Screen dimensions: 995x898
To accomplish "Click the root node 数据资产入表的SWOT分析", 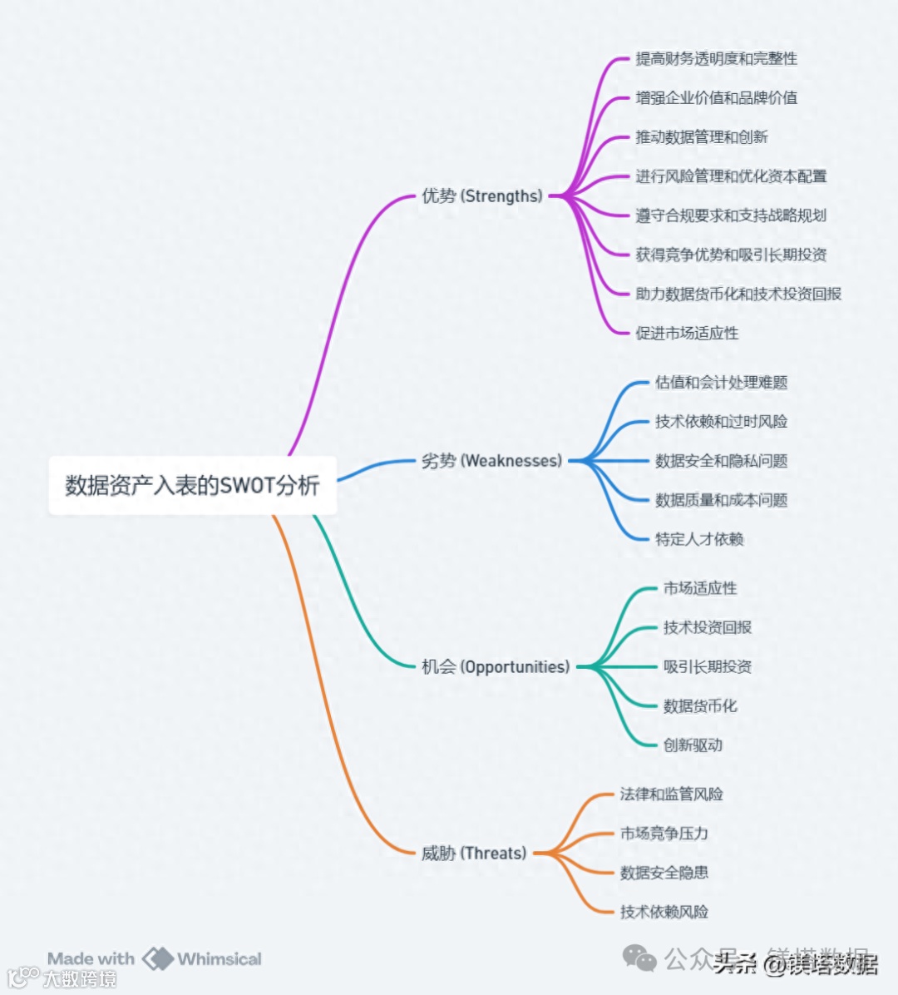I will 192,485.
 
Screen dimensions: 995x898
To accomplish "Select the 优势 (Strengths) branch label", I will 481,196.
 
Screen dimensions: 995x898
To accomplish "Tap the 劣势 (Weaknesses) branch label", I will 491,461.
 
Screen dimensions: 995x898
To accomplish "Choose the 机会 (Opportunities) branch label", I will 496,667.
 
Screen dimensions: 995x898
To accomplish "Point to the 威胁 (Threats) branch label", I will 474,854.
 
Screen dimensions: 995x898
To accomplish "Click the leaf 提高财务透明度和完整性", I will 716,59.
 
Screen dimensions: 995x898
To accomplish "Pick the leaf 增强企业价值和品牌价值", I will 716,98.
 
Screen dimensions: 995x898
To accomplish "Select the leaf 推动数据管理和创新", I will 701,137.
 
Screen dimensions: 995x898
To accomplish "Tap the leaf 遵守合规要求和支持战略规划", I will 731,215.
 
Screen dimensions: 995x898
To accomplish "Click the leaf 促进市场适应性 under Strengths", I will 687,334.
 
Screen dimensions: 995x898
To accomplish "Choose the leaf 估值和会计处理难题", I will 721,383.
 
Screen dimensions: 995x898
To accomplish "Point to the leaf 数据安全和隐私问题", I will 721,461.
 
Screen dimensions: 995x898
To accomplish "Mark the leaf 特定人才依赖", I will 699,539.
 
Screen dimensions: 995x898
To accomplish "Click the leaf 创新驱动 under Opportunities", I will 693,745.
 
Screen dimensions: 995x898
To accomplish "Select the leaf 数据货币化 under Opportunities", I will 700,706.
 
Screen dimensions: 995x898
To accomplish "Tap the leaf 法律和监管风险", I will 671,795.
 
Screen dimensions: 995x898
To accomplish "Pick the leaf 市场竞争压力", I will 664,834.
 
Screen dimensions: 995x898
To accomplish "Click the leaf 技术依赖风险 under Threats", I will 664,912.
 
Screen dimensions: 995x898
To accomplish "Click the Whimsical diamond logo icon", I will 157,959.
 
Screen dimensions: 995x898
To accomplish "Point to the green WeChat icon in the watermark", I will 639,958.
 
